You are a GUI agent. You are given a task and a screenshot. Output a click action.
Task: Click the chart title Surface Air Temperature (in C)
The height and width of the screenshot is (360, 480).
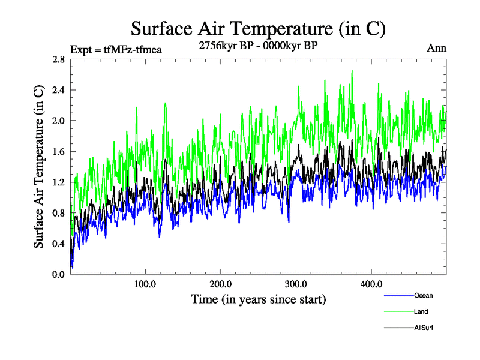coord(258,28)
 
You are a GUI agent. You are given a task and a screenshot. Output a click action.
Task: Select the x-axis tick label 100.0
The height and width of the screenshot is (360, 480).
coord(146,284)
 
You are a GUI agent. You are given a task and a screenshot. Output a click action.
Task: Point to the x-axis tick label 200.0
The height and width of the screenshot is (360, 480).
coord(221,284)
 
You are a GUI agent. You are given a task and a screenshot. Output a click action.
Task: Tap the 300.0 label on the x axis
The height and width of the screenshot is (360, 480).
coord(296,284)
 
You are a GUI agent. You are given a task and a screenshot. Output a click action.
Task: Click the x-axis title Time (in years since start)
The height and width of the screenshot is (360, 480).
coord(258,298)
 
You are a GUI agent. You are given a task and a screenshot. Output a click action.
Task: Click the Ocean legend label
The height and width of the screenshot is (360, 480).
coord(422,295)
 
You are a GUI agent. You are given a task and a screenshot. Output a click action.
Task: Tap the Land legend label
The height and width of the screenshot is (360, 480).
coord(421,311)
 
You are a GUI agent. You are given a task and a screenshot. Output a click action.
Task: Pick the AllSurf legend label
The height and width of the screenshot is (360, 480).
coord(423,328)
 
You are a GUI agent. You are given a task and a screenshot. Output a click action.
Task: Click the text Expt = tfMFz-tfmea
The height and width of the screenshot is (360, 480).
coord(116,49)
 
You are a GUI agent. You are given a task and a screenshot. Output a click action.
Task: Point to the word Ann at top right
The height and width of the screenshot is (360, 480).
coord(436,48)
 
